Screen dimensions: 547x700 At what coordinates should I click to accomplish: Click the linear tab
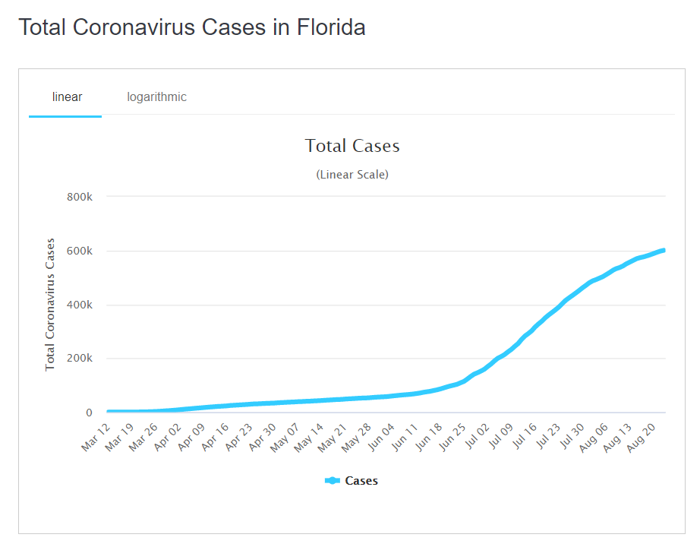coord(67,97)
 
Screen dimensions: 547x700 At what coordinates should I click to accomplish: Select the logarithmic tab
coord(156,97)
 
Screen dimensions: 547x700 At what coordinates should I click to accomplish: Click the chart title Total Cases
coord(352,145)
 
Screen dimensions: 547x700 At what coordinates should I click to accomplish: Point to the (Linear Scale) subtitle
coord(352,175)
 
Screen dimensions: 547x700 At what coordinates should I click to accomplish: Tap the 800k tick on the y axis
coord(79,197)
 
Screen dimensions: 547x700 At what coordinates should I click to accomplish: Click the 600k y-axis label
coord(79,251)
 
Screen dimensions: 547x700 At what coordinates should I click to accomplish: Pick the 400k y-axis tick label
coord(79,305)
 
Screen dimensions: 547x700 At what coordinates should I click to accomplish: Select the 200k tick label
coord(79,359)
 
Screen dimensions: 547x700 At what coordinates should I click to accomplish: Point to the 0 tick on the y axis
coord(89,413)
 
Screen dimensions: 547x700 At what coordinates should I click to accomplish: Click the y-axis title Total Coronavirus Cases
coord(50,304)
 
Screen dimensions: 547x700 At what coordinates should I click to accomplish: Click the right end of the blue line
coord(664,250)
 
